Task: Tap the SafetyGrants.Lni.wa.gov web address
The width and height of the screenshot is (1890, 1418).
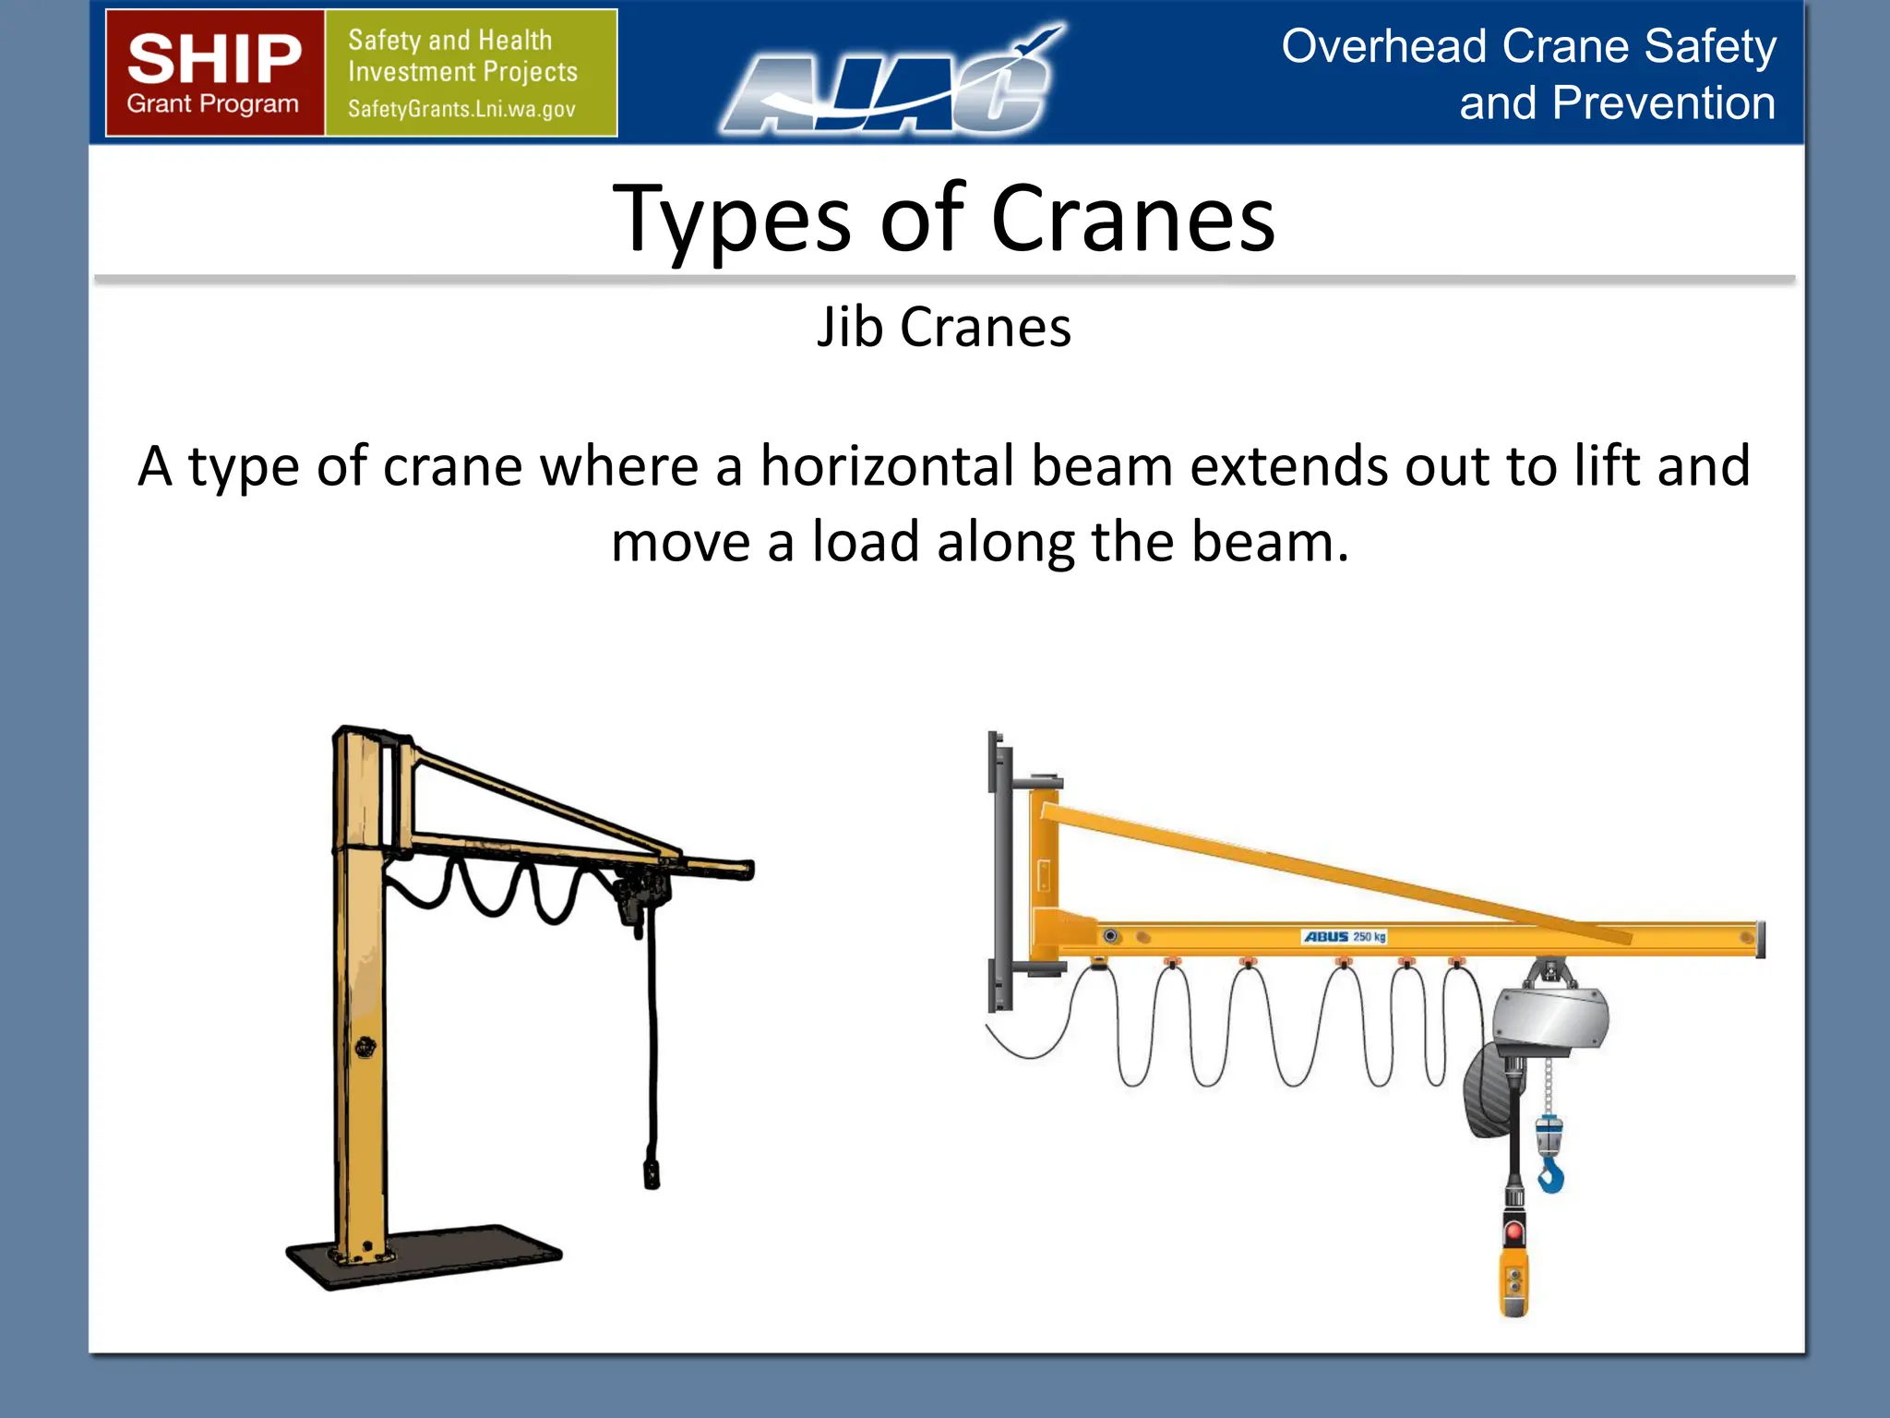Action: (x=461, y=109)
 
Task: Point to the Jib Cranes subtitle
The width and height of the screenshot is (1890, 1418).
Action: (x=943, y=327)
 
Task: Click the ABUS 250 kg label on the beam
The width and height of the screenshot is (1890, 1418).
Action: (x=1345, y=936)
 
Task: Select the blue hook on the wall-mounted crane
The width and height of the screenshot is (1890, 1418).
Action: (x=1550, y=1176)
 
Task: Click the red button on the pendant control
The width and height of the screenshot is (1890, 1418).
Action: (x=1514, y=1232)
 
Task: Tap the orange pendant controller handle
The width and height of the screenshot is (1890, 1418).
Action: (x=1514, y=1283)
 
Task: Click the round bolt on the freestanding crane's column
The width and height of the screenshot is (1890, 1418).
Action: (x=365, y=1047)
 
